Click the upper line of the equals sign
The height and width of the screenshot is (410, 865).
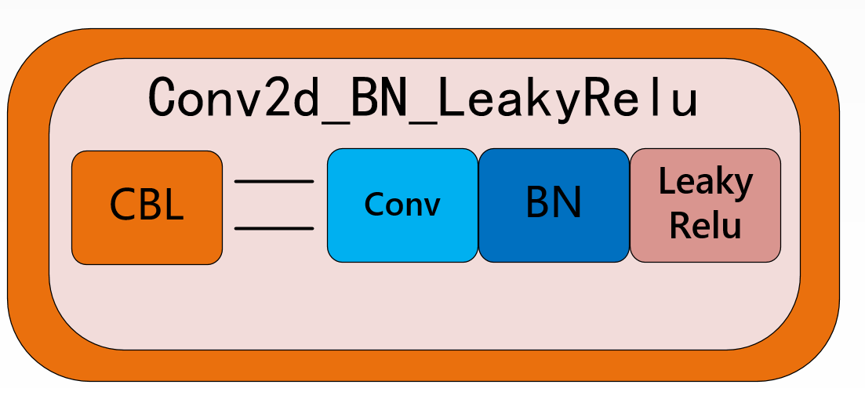tap(274, 181)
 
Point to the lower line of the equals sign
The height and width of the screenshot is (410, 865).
tap(274, 228)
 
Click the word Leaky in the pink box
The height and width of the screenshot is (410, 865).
tap(705, 183)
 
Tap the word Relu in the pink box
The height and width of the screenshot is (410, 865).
tap(705, 226)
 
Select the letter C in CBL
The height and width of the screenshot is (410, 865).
tap(125, 205)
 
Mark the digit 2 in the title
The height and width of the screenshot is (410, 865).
tap(277, 98)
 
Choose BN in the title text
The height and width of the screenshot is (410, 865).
tap(380, 98)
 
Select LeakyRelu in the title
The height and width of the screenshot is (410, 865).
tap(568, 98)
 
